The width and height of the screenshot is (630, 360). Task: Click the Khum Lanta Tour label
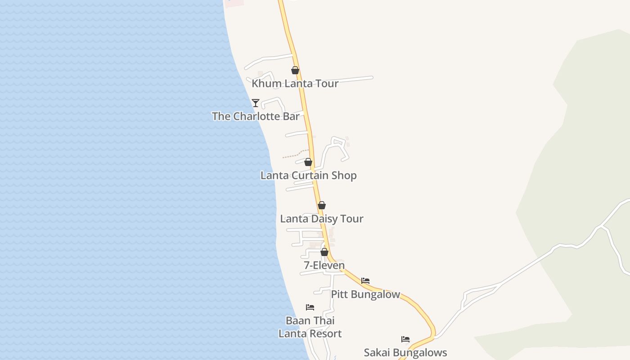tap(295, 84)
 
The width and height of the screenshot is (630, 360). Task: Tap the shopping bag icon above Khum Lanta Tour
tap(295, 70)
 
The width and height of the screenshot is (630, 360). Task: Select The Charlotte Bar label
tap(256, 116)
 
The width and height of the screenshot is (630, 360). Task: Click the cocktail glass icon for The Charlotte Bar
tap(256, 103)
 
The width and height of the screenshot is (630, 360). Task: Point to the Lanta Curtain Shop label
tap(308, 175)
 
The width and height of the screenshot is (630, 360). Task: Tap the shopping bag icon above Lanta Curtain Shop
tap(308, 162)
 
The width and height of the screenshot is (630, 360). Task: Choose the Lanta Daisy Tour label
tap(321, 219)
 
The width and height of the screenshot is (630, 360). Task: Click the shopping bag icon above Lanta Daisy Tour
tap(322, 206)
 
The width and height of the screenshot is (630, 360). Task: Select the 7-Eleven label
tap(324, 265)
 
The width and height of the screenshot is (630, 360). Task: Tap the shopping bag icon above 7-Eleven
tap(324, 252)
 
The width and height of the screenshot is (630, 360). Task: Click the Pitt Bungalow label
tap(365, 294)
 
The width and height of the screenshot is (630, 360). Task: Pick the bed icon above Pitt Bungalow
tap(365, 281)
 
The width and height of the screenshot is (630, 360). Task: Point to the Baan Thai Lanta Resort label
tap(310, 327)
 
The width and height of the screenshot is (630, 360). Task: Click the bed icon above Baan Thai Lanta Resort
tap(310, 307)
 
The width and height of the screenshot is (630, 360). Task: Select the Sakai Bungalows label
tap(405, 352)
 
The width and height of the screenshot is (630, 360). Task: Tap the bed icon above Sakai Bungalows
tap(405, 339)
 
